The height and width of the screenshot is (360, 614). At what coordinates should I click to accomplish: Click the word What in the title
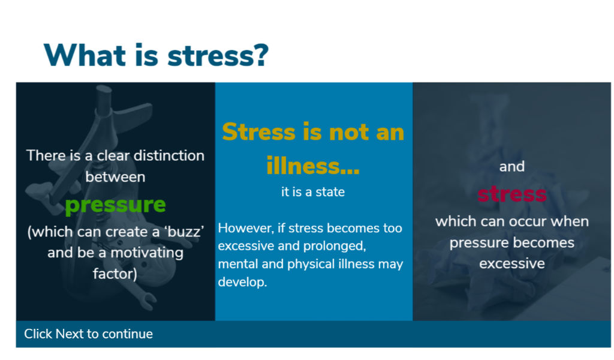pyautogui.click(x=84, y=55)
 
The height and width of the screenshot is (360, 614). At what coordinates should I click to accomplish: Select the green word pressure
pyautogui.click(x=116, y=205)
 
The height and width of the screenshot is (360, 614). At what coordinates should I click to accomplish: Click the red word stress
pyautogui.click(x=512, y=194)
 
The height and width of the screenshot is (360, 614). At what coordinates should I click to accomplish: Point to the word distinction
pyautogui.click(x=168, y=155)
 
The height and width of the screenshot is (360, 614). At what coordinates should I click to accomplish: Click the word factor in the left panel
pyautogui.click(x=113, y=274)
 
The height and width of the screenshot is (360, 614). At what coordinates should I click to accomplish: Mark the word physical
pyautogui.click(x=311, y=264)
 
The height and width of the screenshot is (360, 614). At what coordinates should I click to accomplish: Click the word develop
pyautogui.click(x=242, y=282)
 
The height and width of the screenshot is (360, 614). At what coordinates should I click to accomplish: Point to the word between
pyautogui.click(x=116, y=177)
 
